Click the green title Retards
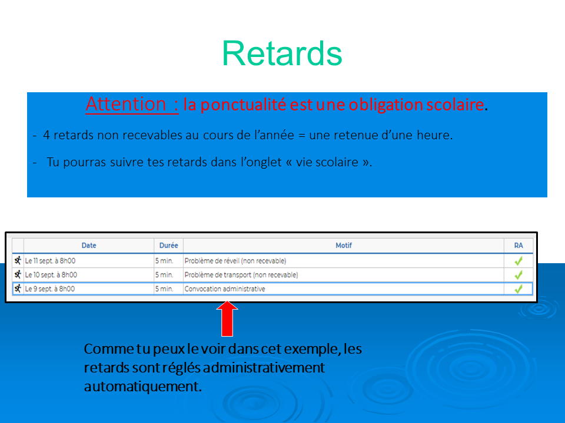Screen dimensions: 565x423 tap(282, 53)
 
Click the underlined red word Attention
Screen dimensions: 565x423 tap(126, 105)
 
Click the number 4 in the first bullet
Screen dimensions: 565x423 tap(46, 135)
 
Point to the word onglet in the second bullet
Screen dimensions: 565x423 tap(261, 162)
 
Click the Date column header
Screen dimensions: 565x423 tap(89, 246)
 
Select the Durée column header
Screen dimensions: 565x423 tap(169, 246)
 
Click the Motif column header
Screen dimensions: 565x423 tap(343, 246)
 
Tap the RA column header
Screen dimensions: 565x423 tap(518, 246)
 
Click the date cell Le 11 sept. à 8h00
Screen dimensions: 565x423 tap(50, 261)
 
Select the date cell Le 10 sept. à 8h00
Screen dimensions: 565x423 tap(51, 275)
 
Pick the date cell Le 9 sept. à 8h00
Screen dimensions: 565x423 tap(49, 289)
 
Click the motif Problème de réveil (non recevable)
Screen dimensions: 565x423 tap(235, 261)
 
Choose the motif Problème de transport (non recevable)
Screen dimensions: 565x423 tap(241, 275)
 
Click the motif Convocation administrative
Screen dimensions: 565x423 tap(225, 289)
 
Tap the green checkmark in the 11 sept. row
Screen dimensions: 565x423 tap(519, 261)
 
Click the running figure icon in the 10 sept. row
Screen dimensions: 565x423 tap(18, 275)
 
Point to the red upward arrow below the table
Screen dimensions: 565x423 tap(227, 318)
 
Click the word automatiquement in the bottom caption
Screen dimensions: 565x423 tap(142, 387)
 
